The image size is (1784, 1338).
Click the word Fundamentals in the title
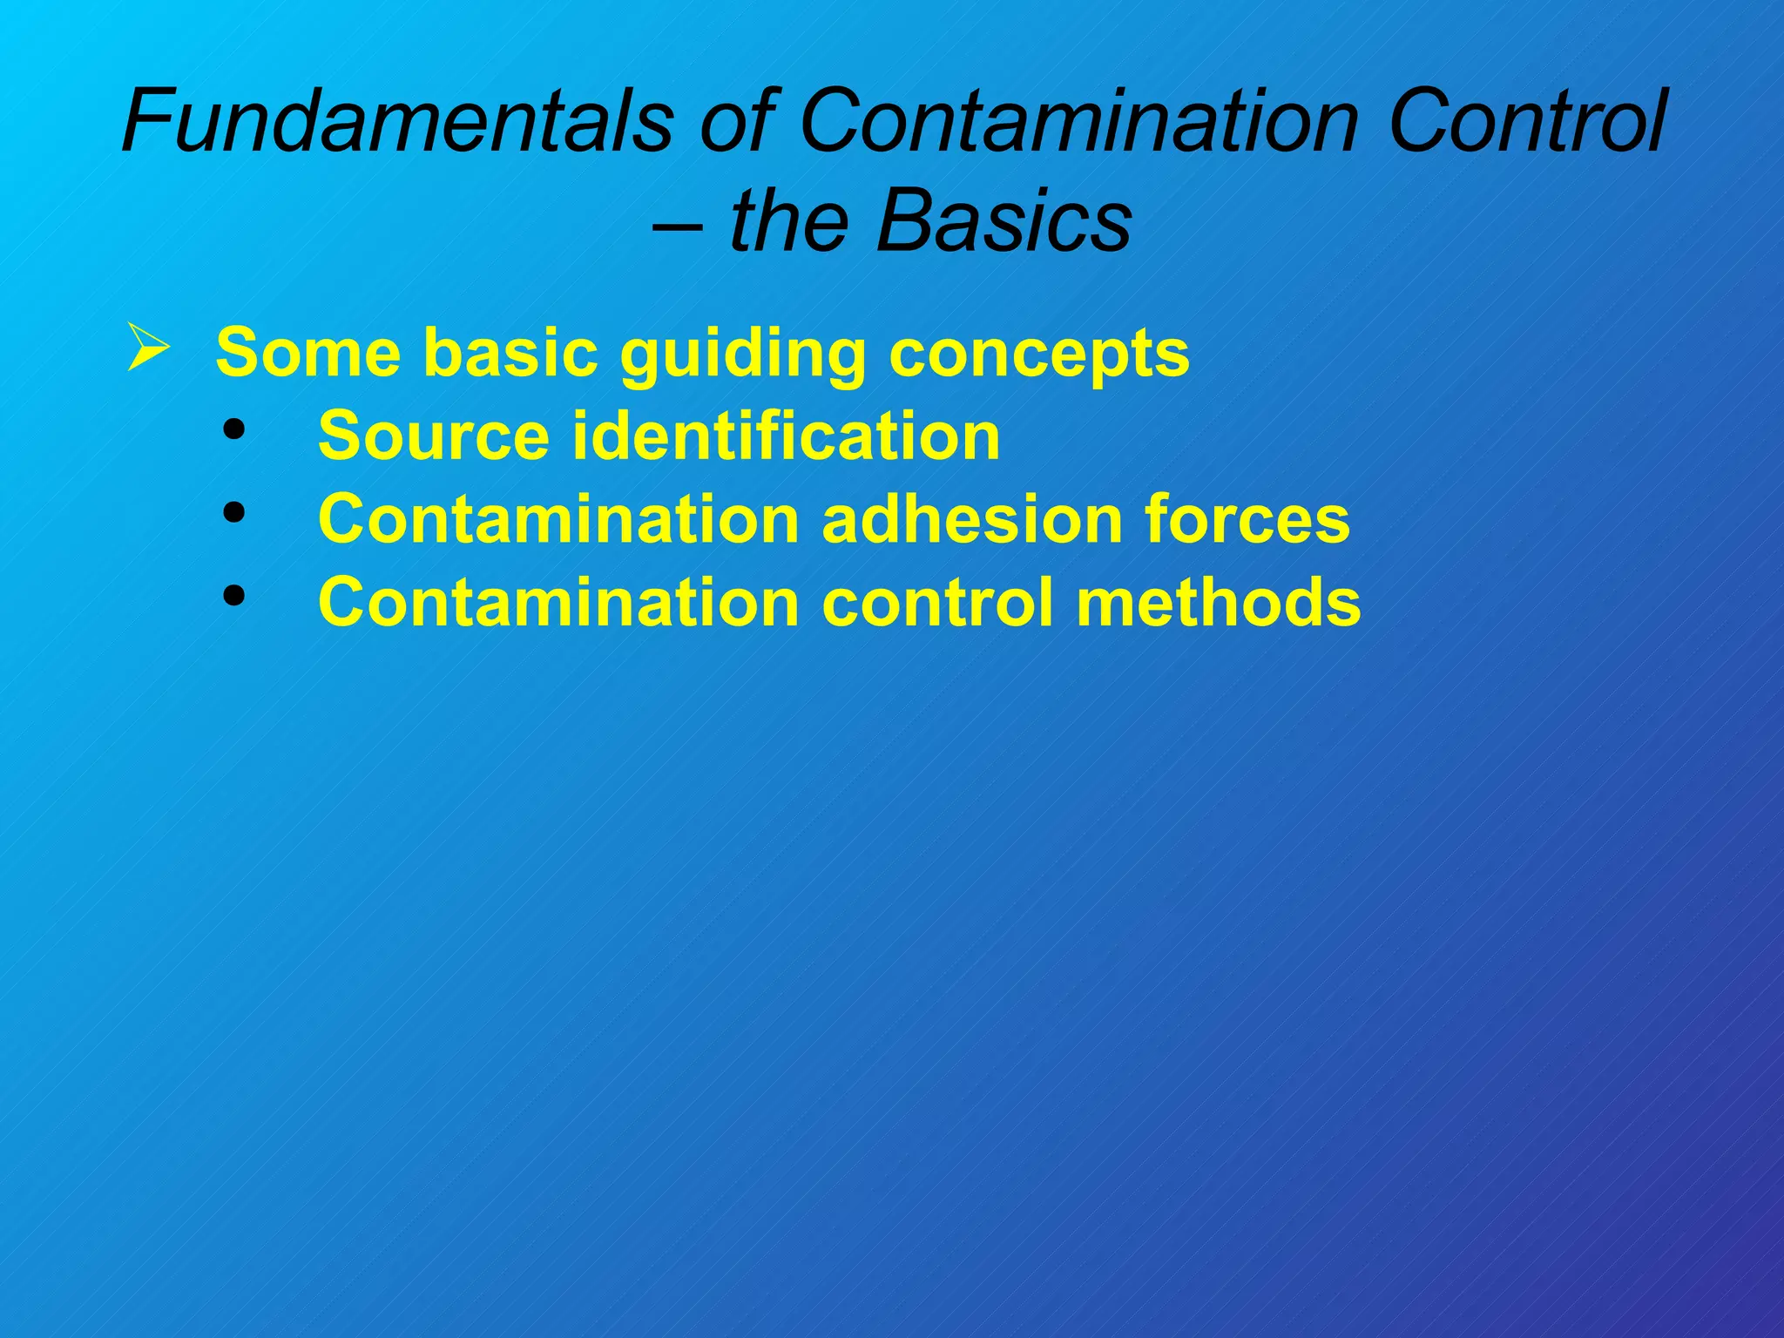pos(397,122)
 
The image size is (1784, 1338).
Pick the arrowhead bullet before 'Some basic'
pos(147,348)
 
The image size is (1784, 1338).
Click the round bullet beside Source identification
pos(233,429)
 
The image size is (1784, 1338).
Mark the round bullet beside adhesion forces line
pos(233,513)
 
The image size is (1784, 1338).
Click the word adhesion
pos(972,519)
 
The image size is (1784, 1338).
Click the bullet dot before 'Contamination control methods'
pos(233,596)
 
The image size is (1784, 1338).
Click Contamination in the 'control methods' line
pos(558,602)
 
